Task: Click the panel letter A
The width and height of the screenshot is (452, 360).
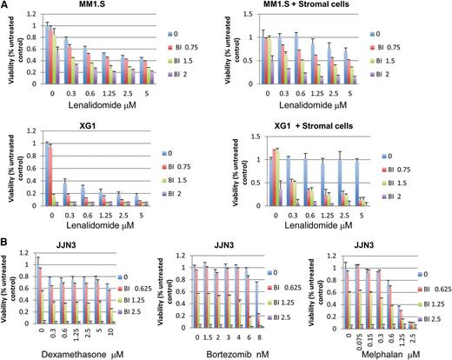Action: point(6,6)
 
